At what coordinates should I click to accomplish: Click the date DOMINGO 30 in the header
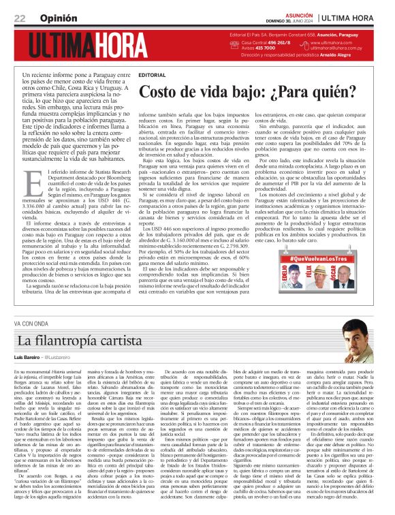287,20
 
